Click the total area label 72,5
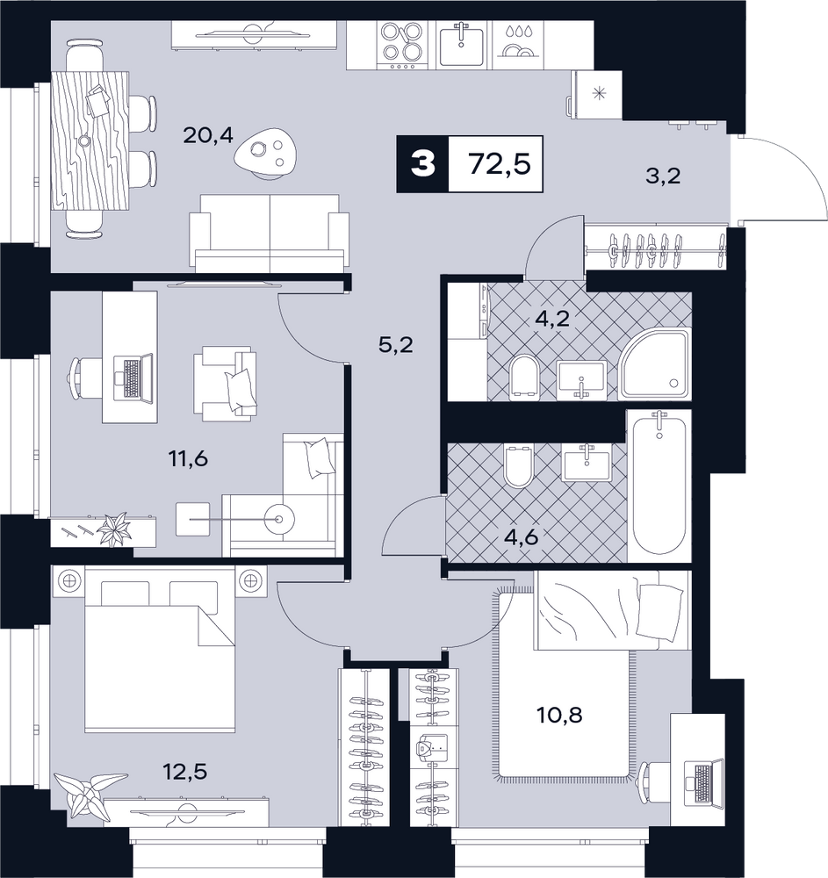tap(500, 165)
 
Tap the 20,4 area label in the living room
tap(208, 135)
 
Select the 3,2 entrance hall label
tap(663, 176)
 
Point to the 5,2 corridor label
tap(396, 344)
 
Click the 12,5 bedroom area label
tap(185, 772)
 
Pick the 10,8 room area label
tap(560, 715)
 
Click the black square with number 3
tap(422, 165)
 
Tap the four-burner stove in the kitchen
tap(399, 46)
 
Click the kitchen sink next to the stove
tap(461, 45)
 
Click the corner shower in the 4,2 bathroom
tap(654, 364)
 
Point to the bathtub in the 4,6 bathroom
tap(659, 486)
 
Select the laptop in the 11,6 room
tap(133, 378)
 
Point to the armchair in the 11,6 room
tap(225, 384)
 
